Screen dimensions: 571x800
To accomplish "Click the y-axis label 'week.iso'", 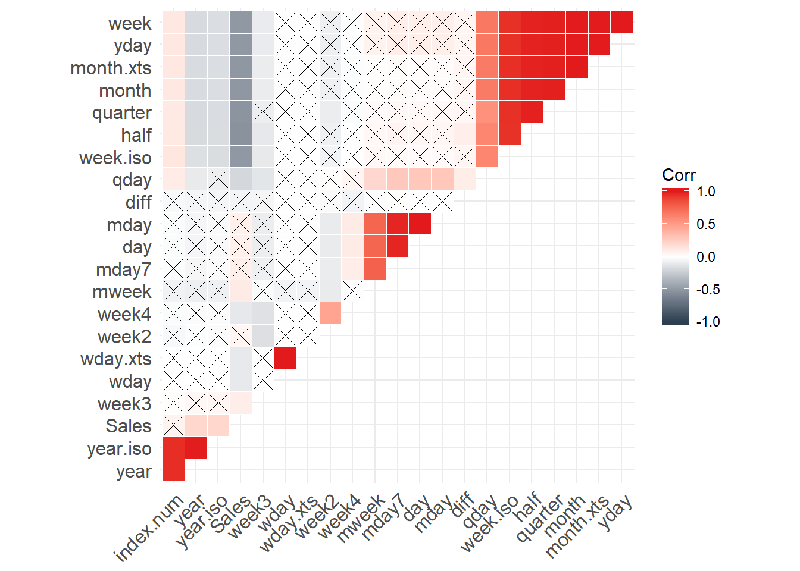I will [x=115, y=158].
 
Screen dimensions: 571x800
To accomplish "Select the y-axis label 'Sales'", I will [x=128, y=426].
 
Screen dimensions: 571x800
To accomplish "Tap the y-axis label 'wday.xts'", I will [x=115, y=359].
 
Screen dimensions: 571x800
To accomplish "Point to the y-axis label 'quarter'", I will [x=121, y=113].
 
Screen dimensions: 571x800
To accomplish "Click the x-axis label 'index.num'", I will [x=149, y=528].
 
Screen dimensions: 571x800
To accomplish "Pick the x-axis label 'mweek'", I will [x=361, y=519].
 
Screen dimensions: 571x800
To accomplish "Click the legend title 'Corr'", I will [x=679, y=175].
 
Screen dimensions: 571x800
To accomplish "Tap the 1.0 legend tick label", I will [x=706, y=192].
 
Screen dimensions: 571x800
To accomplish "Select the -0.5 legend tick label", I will [x=708, y=290].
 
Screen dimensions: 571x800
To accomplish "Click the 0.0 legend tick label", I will [x=706, y=257].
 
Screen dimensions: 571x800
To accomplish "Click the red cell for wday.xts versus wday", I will [x=285, y=359].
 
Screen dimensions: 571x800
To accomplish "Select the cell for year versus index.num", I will [x=173, y=470].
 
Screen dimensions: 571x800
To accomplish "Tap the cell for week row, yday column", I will [x=621, y=23].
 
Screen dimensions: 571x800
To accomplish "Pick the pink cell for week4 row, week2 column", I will [x=330, y=313].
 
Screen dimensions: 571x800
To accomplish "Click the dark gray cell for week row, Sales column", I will [x=240, y=23].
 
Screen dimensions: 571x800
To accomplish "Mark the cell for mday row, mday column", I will [x=420, y=224].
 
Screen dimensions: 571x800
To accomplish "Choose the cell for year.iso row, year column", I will [x=196, y=448].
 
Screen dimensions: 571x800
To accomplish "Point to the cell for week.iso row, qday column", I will [x=487, y=157].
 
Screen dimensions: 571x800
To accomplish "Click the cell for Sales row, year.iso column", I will [x=218, y=425].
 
